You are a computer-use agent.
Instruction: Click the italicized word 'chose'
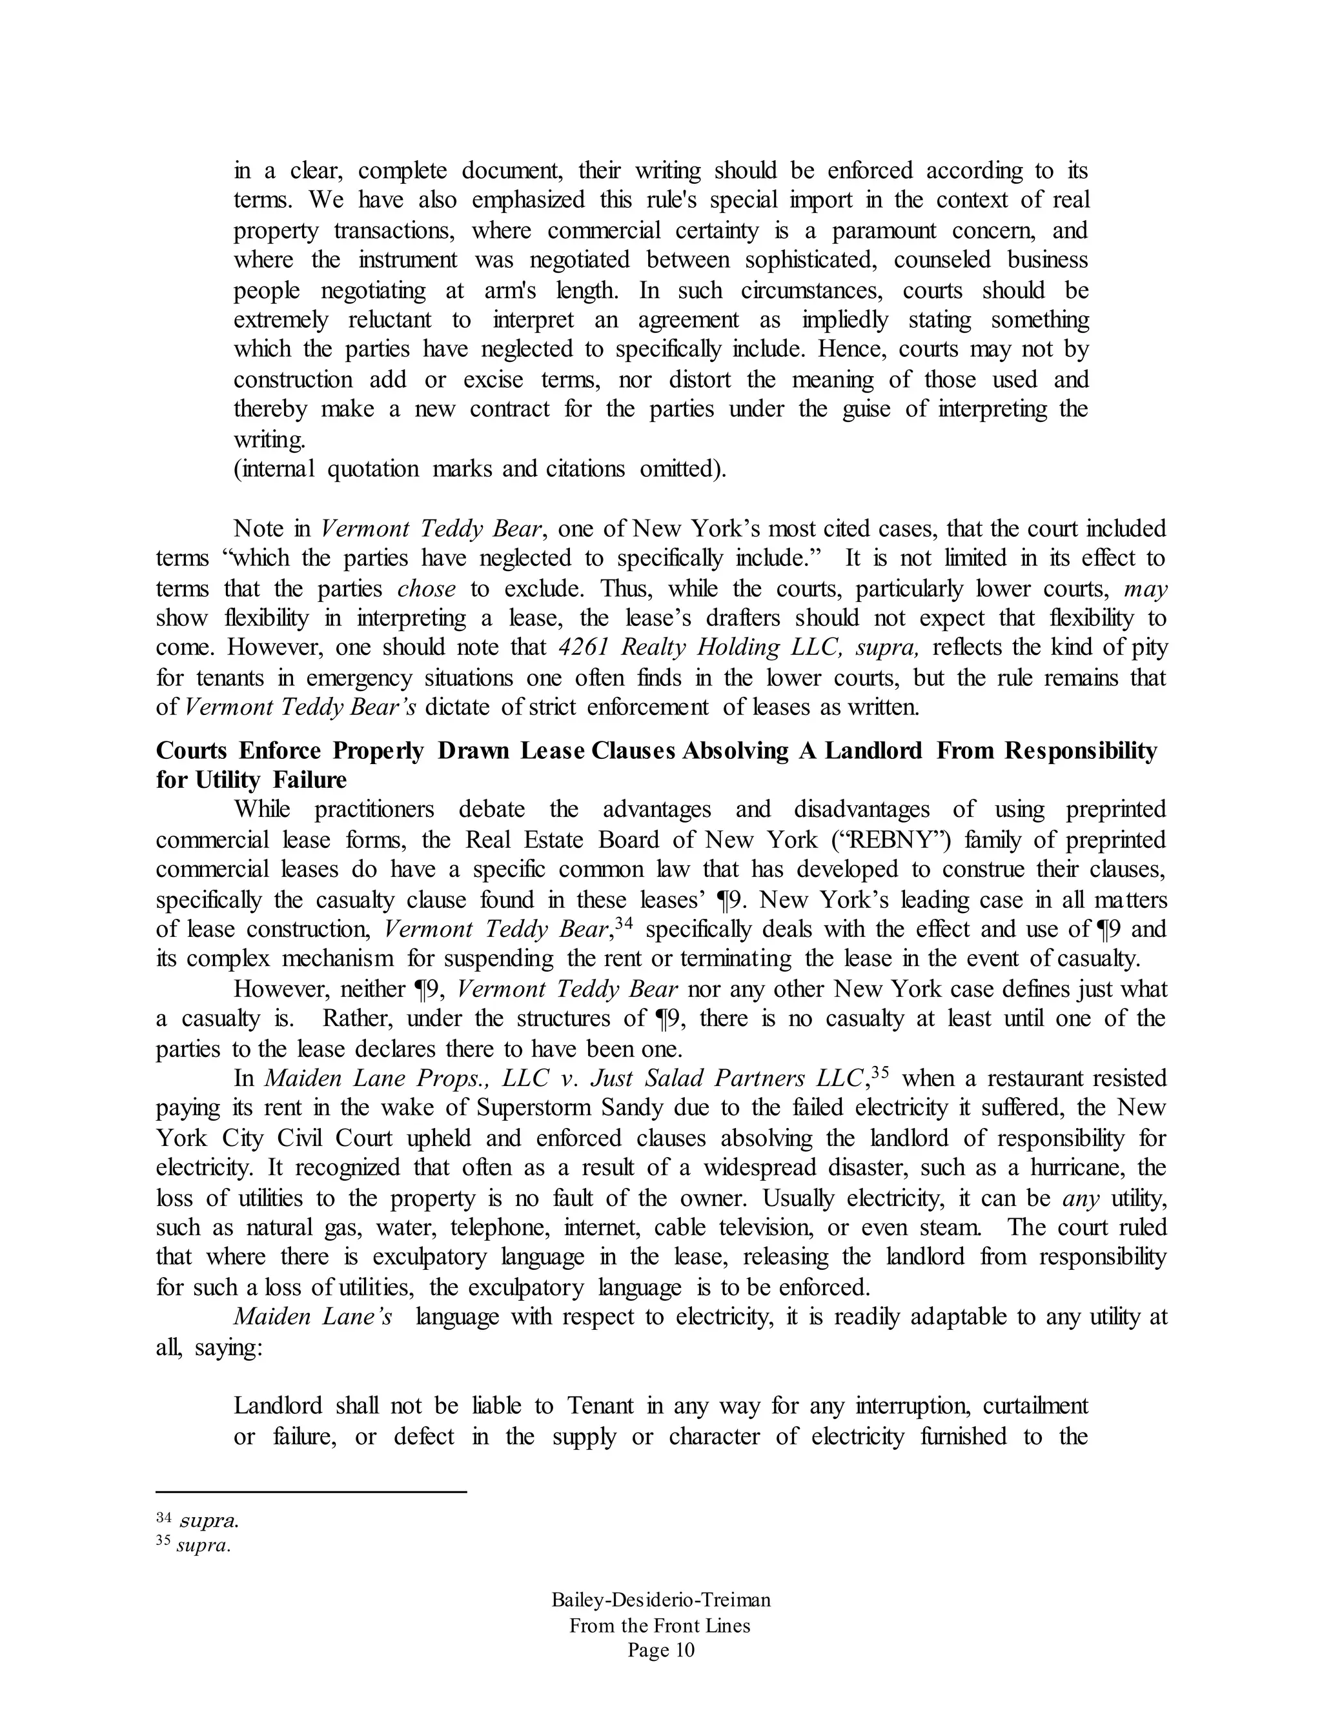427,588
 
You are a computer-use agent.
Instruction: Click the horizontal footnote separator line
311,1493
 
